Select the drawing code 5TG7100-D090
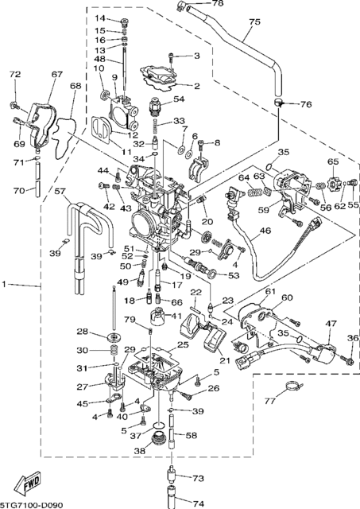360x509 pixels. [32, 505]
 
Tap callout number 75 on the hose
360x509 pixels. [254, 22]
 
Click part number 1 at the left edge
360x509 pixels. [4, 285]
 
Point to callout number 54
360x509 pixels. [179, 99]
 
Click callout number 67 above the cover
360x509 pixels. [56, 74]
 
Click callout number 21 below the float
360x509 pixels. [225, 360]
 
